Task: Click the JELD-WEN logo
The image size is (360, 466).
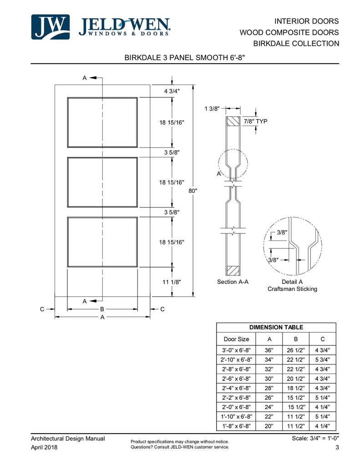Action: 101,27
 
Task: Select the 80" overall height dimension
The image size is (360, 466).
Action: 193,191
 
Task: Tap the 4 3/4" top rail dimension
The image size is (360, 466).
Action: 172,91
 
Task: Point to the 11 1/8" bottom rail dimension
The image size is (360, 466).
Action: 172,282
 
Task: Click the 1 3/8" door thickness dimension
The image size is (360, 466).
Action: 212,108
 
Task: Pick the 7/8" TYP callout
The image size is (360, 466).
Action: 255,122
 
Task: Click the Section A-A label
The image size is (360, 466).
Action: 233,282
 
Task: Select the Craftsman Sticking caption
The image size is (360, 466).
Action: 292,289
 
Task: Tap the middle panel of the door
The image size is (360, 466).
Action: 102,182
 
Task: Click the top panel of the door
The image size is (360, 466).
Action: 102,122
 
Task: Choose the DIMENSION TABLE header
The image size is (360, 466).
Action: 276,327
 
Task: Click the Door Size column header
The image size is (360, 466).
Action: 236,339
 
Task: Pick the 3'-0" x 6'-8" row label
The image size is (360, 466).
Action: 236,350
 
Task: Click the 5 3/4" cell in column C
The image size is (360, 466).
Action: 323,360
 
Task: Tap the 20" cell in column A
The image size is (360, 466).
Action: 269,426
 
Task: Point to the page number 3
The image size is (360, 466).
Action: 337,448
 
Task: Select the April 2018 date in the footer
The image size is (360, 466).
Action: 44,447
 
